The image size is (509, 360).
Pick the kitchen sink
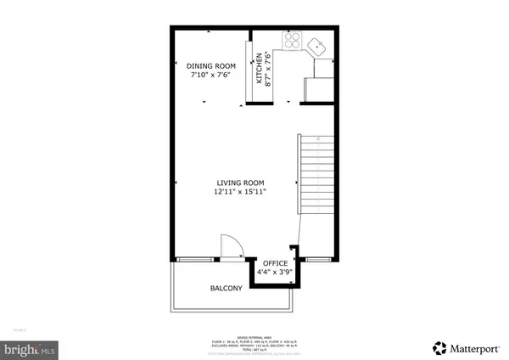(x=318, y=43)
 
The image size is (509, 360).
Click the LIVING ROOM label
(x=240, y=183)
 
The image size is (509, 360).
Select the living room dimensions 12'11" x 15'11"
(x=240, y=192)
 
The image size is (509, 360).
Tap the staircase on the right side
(x=310, y=174)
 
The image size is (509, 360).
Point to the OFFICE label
(x=275, y=263)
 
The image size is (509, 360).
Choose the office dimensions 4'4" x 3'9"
(x=275, y=273)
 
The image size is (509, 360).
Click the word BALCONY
(x=226, y=289)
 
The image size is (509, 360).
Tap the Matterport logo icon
(x=439, y=347)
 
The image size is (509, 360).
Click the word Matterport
(x=474, y=347)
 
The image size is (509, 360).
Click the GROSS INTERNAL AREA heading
(x=255, y=336)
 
